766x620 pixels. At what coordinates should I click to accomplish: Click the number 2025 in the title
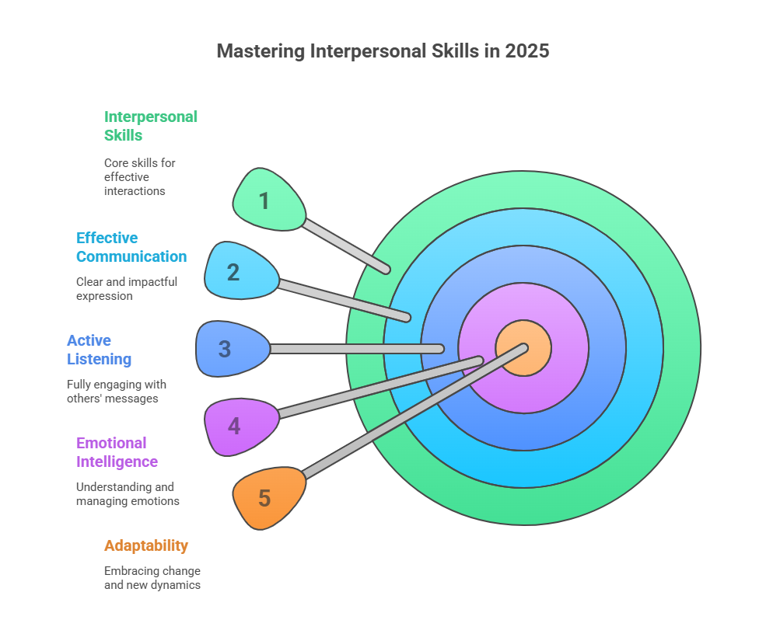pyautogui.click(x=527, y=51)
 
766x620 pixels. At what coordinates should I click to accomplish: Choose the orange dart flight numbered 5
pyautogui.click(x=268, y=498)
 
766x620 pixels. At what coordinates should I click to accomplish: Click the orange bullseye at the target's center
pyautogui.click(x=523, y=348)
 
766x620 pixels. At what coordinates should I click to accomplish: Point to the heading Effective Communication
pyautogui.click(x=131, y=247)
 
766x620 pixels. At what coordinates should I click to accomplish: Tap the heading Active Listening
pyautogui.click(x=100, y=350)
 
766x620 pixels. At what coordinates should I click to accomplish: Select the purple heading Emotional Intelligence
pyautogui.click(x=117, y=452)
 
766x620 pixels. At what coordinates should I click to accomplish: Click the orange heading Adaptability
pyautogui.click(x=146, y=545)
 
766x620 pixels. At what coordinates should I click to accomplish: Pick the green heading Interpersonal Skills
pyautogui.click(x=150, y=126)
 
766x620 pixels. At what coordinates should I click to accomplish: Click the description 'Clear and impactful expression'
pyautogui.click(x=127, y=289)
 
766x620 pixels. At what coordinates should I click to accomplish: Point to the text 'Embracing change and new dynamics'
pyautogui.click(x=152, y=578)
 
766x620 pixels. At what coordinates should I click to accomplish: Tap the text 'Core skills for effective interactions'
pyautogui.click(x=140, y=176)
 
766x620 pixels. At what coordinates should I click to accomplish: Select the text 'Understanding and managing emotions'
pyautogui.click(x=128, y=494)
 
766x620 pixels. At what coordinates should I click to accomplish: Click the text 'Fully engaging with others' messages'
pyautogui.click(x=117, y=392)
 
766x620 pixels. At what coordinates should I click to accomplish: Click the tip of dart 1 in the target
pyautogui.click(x=386, y=270)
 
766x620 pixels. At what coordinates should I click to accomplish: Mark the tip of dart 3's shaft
pyautogui.click(x=440, y=349)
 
